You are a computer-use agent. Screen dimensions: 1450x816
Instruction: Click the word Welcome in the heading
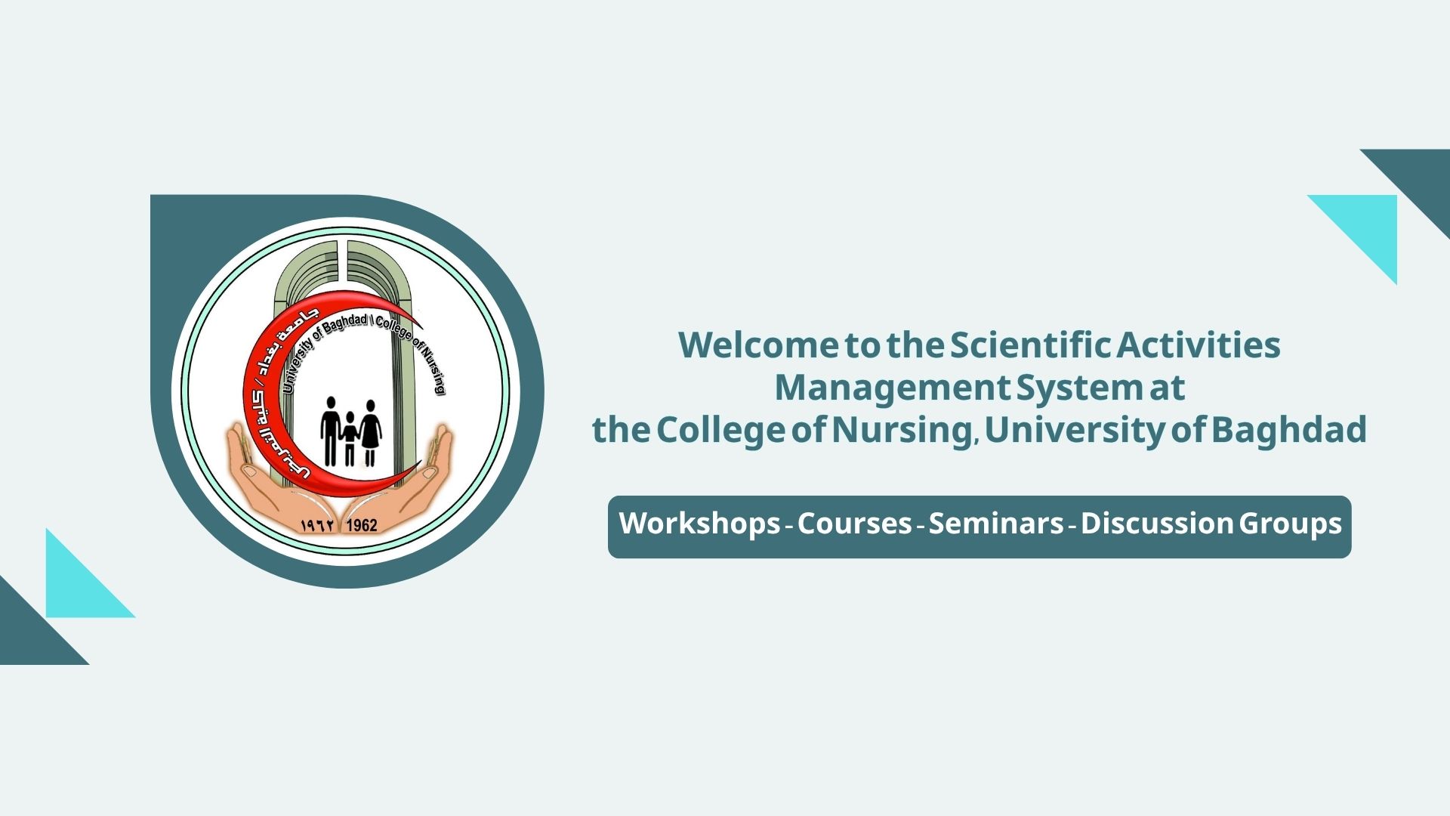[757, 345]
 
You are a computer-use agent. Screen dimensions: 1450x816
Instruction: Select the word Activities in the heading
[1199, 345]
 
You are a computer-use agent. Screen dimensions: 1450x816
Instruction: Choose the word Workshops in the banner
[699, 524]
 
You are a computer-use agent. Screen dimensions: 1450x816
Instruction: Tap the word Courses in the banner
[854, 524]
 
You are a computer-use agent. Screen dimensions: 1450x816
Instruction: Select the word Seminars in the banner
[996, 524]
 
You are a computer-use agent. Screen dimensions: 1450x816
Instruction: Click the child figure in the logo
[350, 438]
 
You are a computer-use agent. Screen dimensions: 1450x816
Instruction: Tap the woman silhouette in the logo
[370, 433]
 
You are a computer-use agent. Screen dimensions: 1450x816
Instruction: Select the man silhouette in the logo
[331, 431]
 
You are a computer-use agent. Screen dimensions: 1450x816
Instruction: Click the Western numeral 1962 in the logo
[361, 525]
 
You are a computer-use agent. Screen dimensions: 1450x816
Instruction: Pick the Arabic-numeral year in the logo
[318, 525]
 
